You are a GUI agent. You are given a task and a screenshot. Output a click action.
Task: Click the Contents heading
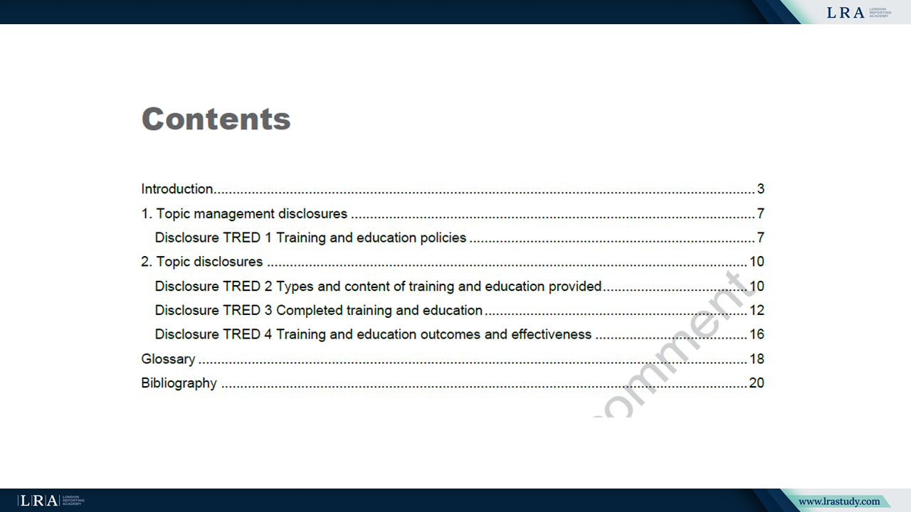click(216, 119)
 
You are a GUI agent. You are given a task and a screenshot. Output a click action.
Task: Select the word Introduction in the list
click(177, 189)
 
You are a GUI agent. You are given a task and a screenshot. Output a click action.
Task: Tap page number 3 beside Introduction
click(761, 189)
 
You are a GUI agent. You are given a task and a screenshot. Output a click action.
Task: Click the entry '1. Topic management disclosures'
click(244, 214)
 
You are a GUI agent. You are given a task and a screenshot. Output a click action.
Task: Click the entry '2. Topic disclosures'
click(201, 262)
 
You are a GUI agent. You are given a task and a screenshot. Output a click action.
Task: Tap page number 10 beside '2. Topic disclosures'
click(757, 262)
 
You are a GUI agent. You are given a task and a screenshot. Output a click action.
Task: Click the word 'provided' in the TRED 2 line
click(574, 287)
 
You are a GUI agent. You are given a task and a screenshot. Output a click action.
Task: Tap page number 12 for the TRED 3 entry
click(757, 311)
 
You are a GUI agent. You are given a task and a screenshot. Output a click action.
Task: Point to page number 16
click(757, 334)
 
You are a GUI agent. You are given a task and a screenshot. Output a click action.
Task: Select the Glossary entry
click(168, 359)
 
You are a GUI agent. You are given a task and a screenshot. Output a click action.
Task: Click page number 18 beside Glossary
click(757, 359)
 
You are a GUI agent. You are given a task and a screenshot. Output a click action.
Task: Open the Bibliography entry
click(179, 383)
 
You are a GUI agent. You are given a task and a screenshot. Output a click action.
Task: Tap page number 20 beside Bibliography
click(757, 383)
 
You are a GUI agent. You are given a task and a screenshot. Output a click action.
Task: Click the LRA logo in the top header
click(858, 13)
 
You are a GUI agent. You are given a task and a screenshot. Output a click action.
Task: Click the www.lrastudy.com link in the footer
click(839, 501)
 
